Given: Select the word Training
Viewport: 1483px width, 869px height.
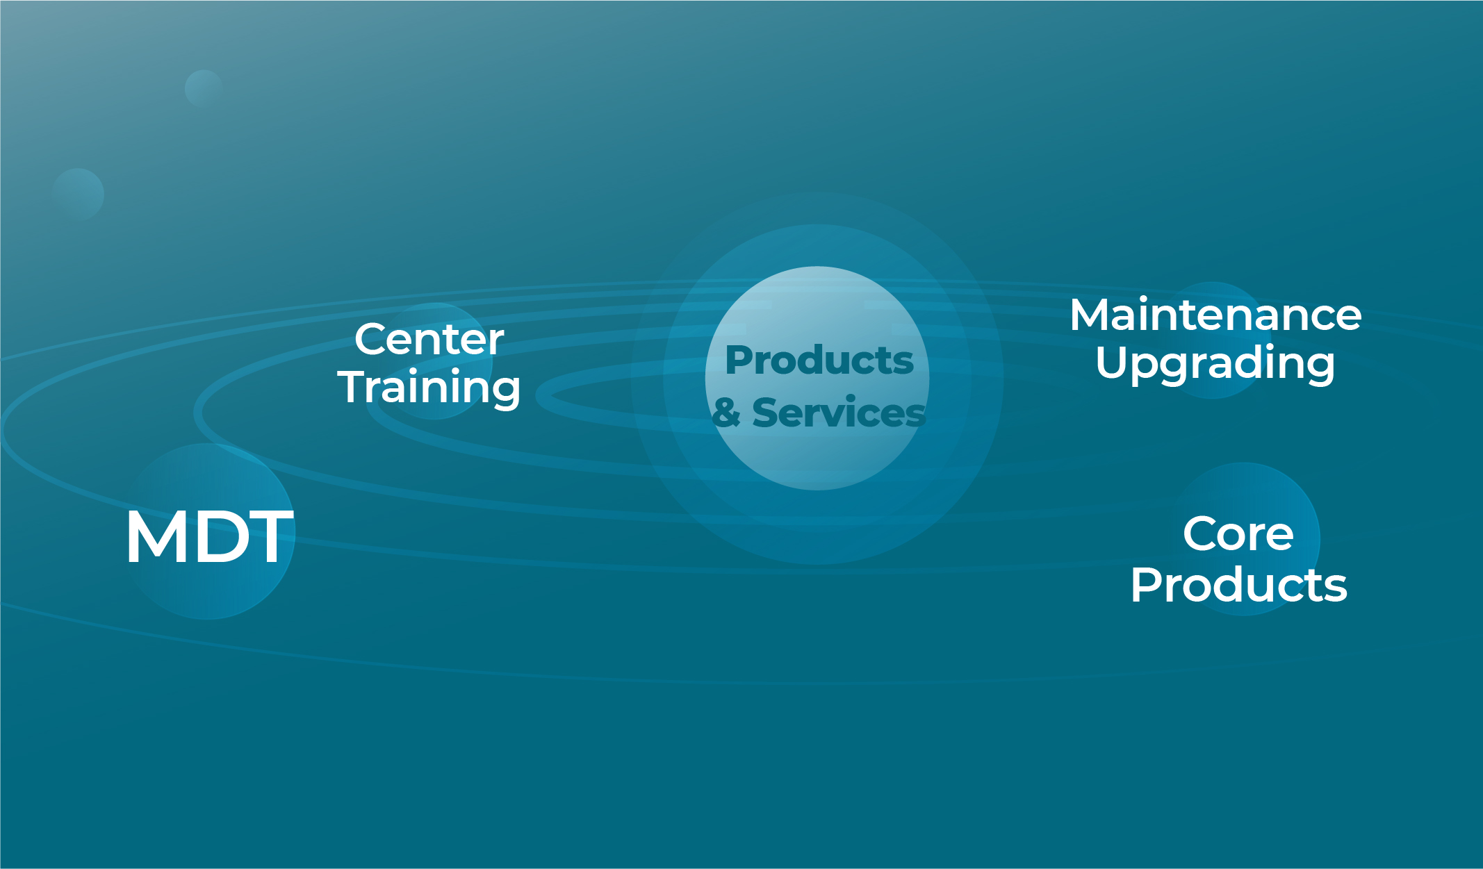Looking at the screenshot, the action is pyautogui.click(x=429, y=388).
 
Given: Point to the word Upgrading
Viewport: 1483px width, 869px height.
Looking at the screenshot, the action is pyautogui.click(x=1215, y=363).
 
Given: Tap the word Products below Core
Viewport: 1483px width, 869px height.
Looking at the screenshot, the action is pyautogui.click(x=1238, y=584).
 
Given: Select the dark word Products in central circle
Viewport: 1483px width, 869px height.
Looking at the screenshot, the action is pyautogui.click(x=819, y=360).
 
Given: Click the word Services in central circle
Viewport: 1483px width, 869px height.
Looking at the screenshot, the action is pyautogui.click(x=839, y=413).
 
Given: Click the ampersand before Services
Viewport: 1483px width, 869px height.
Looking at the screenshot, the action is pyautogui.click(x=726, y=413).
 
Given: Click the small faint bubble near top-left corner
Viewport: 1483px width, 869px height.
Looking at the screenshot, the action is pyautogui.click(x=203, y=88).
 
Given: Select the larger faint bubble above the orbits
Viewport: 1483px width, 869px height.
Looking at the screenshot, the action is pyautogui.click(x=78, y=195).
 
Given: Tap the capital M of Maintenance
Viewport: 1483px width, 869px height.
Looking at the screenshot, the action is pyautogui.click(x=1090, y=315).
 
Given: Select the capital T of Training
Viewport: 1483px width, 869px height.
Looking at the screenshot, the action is pyautogui.click(x=354, y=386).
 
